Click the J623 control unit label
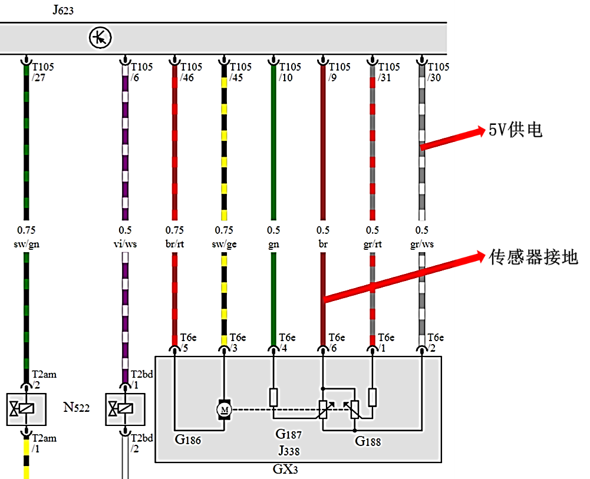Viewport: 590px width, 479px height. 63,9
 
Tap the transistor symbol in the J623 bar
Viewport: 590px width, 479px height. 100,38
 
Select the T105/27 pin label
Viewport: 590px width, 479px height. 42,72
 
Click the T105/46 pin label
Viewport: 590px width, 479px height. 191,72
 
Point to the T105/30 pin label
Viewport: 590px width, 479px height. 438,72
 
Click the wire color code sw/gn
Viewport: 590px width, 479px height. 27,245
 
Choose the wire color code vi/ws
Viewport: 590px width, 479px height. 125,244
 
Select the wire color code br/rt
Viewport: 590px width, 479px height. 174,244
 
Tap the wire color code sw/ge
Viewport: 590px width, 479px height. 224,245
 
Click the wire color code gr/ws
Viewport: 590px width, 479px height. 422,245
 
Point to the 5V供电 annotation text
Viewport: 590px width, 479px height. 515,130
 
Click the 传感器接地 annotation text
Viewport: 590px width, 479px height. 533,257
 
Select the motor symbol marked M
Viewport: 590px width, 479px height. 224,410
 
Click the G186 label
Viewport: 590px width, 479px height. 188,440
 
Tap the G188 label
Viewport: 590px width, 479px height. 368,441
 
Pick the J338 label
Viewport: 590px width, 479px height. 289,451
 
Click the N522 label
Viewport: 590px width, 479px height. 77,407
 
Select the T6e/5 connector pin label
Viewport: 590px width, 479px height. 188,342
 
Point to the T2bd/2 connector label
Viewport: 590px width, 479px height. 141,443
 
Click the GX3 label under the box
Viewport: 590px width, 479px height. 285,469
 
